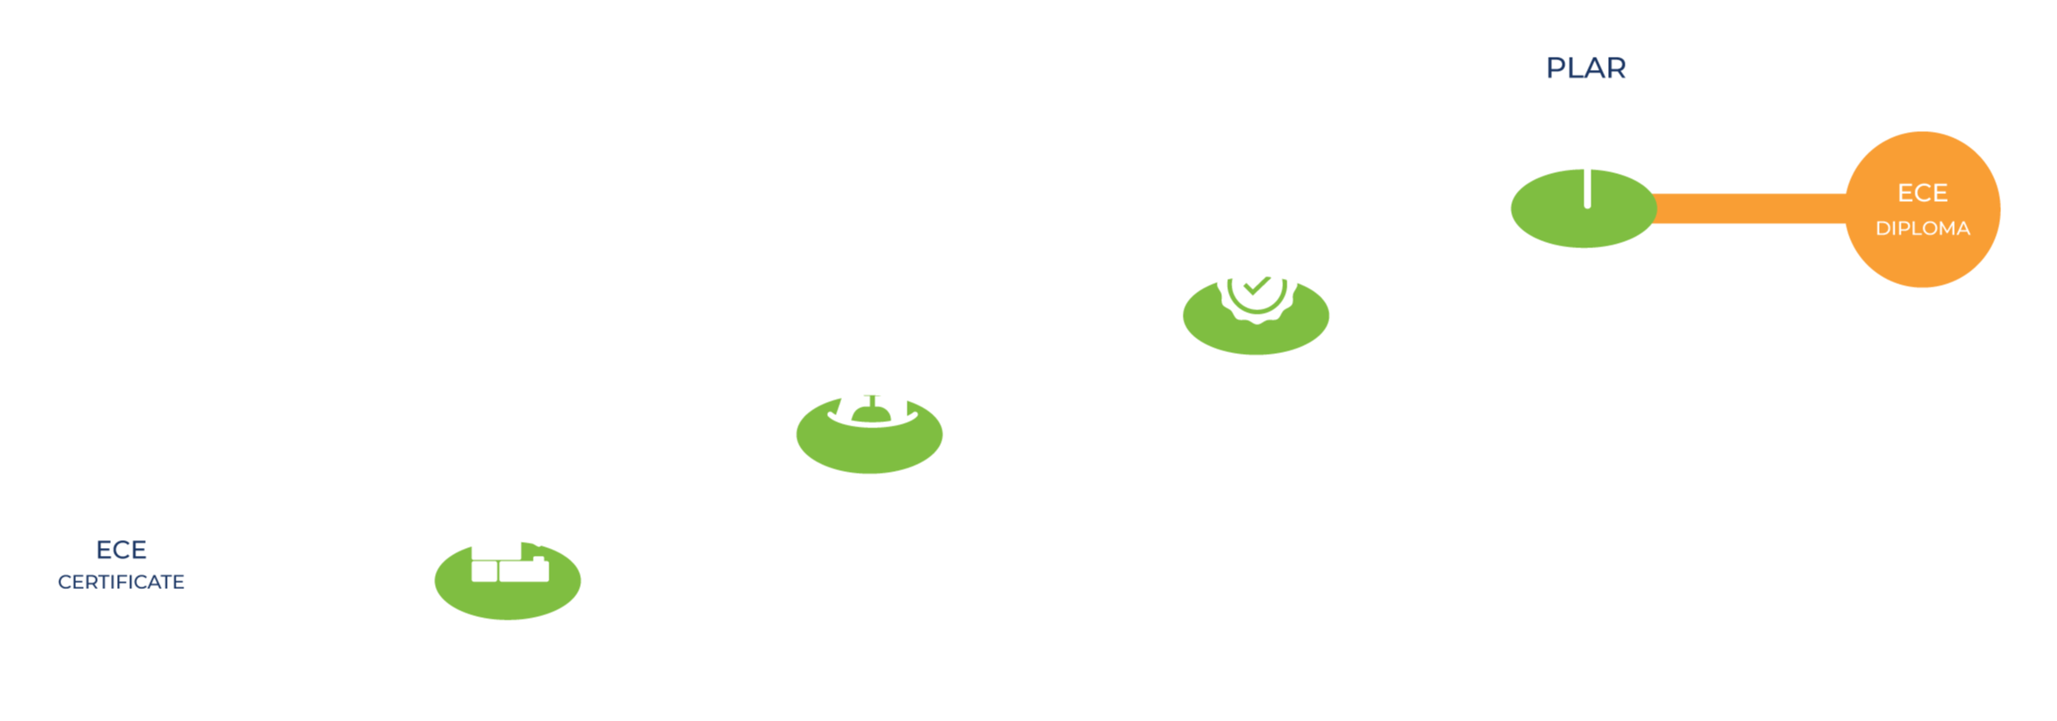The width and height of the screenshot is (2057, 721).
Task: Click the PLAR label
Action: click(x=1585, y=68)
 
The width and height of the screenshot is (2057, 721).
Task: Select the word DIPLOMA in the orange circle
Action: click(x=1922, y=229)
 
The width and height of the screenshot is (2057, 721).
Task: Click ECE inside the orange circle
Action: click(x=1922, y=192)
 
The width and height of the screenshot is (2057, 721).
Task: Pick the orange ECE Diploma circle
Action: click(x=1922, y=210)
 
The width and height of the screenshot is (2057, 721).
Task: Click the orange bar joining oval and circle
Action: click(x=1750, y=209)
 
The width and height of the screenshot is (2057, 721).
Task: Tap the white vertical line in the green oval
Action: click(x=1587, y=189)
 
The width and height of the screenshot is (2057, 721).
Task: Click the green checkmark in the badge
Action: click(x=1256, y=285)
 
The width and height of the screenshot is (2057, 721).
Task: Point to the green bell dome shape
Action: click(x=871, y=413)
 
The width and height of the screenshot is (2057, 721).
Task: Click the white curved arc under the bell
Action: click(x=872, y=423)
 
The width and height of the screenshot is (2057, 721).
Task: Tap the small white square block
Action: click(x=484, y=572)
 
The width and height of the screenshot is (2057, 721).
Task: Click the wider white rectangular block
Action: click(x=524, y=571)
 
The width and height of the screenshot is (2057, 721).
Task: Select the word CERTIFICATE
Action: click(x=121, y=582)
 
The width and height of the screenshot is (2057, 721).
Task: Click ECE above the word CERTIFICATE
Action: click(x=121, y=550)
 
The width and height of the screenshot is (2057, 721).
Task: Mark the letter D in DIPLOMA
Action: click(x=1882, y=229)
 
